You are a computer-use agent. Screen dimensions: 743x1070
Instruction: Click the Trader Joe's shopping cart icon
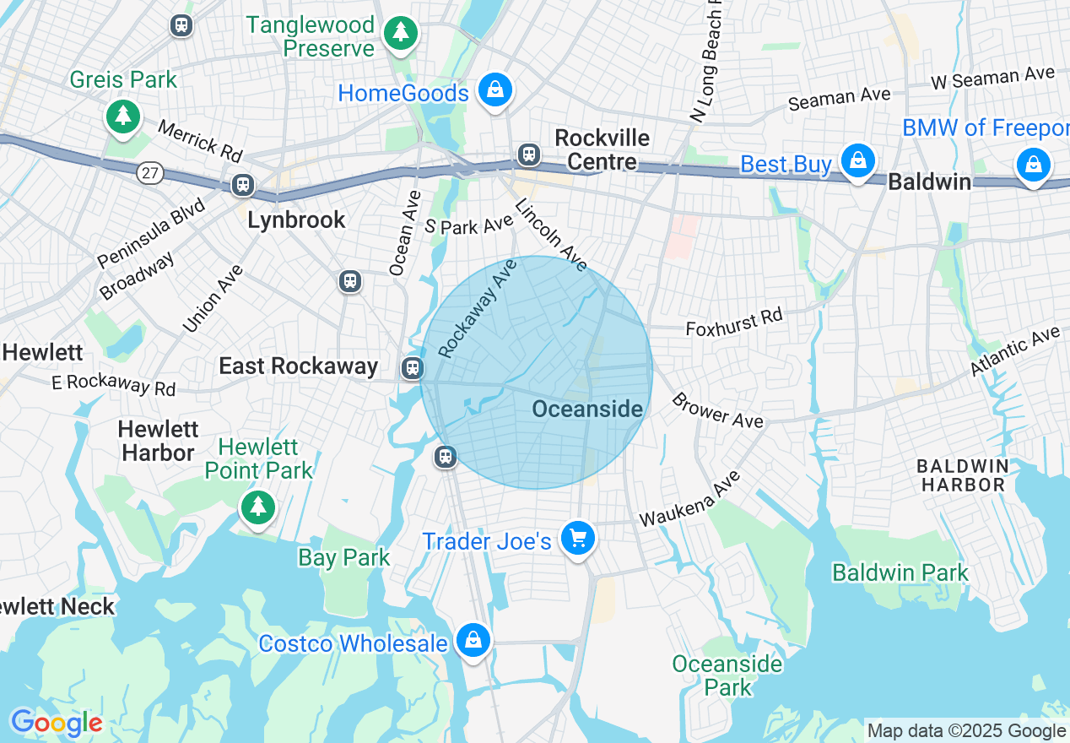pyautogui.click(x=578, y=538)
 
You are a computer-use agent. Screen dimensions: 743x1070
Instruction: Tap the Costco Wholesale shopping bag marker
pyautogui.click(x=473, y=641)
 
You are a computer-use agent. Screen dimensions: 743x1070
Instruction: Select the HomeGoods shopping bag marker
pyautogui.click(x=494, y=89)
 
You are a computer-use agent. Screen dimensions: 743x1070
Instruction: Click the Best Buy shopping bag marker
pyautogui.click(x=858, y=160)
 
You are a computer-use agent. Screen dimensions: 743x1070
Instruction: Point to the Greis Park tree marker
pyautogui.click(x=124, y=116)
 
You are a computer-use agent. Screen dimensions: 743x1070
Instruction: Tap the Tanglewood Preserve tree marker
pyautogui.click(x=401, y=34)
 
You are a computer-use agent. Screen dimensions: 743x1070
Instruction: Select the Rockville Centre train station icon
pyautogui.click(x=529, y=155)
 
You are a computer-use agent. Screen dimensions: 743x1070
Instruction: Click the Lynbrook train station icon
pyautogui.click(x=243, y=185)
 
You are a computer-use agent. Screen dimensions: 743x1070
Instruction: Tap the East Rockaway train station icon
pyautogui.click(x=412, y=367)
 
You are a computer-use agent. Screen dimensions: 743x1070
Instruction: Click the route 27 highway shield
pyautogui.click(x=149, y=172)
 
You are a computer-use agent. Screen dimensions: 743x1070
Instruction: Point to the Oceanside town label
pyautogui.click(x=587, y=409)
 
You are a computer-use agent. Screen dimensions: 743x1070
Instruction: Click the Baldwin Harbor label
pyautogui.click(x=962, y=475)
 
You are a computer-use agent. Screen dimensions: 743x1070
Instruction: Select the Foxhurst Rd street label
pyautogui.click(x=734, y=322)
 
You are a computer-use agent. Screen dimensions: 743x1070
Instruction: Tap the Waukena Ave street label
pyautogui.click(x=689, y=499)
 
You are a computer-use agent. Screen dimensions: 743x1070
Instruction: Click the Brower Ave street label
pyautogui.click(x=716, y=409)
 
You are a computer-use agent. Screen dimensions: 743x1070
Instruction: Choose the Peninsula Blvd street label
pyautogui.click(x=151, y=232)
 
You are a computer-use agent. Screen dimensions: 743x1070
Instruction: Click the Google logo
pyautogui.click(x=57, y=724)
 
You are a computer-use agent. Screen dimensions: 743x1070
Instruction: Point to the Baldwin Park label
pyautogui.click(x=900, y=572)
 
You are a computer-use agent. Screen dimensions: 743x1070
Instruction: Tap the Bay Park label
pyautogui.click(x=343, y=557)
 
